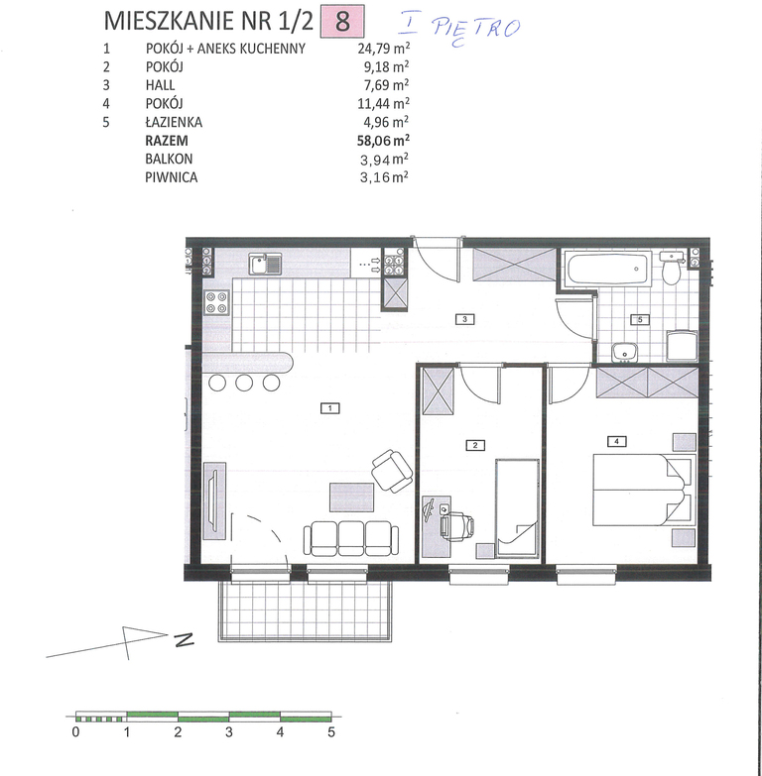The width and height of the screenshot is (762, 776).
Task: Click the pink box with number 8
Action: coord(343,21)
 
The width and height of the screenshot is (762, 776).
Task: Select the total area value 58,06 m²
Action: coord(383,141)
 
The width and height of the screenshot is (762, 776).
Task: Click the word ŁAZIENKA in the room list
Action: coord(174,122)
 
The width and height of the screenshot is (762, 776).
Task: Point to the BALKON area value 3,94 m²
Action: coord(384,160)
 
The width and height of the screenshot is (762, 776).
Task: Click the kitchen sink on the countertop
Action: coord(265,264)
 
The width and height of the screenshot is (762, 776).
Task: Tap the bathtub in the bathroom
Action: coord(609,269)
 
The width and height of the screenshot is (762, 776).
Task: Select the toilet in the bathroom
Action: coord(672,268)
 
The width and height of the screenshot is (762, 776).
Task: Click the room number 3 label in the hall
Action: coord(464,319)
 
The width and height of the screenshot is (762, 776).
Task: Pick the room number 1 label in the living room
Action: coord(330,408)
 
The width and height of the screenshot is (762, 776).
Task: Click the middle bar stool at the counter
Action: coord(244,383)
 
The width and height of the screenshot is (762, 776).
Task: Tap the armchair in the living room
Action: coord(392,471)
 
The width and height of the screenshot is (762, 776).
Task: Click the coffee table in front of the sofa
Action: coord(352,498)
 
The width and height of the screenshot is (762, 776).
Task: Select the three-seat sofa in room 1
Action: coord(351,538)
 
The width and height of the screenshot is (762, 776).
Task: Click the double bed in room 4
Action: coord(644,490)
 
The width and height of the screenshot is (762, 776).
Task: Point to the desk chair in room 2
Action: coord(457,525)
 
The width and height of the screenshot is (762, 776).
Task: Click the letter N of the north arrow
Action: coord(184,639)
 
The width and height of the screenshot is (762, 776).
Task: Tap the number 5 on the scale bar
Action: coord(331,732)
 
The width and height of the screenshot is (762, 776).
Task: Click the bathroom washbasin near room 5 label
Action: coord(624,353)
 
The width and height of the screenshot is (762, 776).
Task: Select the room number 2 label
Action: coord(474,445)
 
